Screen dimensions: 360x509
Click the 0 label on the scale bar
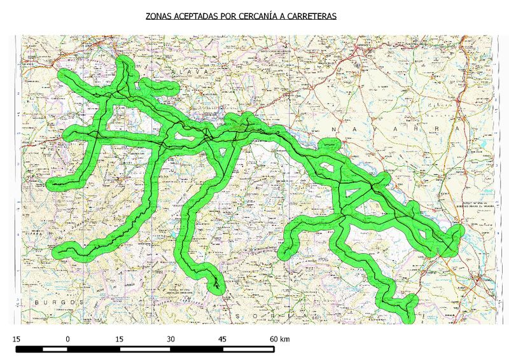(67, 339)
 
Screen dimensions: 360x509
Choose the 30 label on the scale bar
(171, 339)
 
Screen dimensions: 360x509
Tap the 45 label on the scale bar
(223, 339)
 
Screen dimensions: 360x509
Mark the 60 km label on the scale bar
(279, 339)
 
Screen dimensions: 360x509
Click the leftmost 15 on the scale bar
(17, 339)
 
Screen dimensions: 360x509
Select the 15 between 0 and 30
(119, 339)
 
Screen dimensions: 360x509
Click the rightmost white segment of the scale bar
(249, 349)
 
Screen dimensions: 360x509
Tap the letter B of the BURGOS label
(38, 301)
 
